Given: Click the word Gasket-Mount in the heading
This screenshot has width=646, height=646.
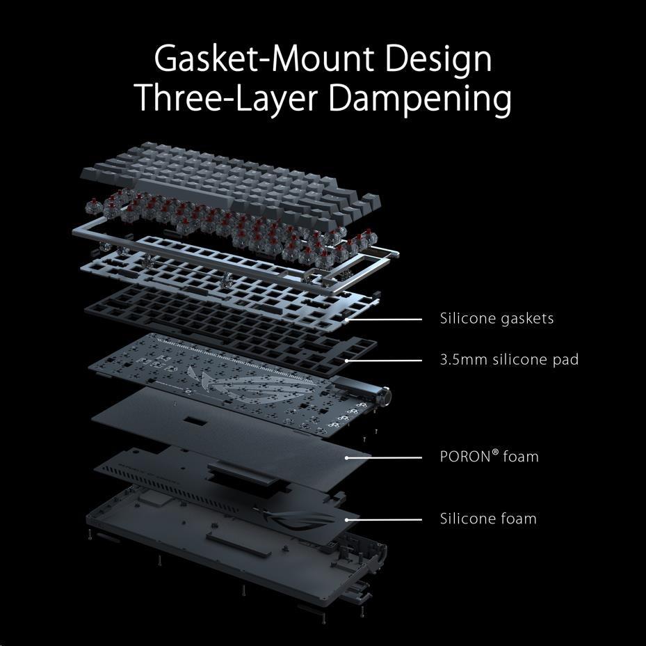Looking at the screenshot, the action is pos(264,58).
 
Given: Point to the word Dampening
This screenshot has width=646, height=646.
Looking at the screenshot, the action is pos(420,100).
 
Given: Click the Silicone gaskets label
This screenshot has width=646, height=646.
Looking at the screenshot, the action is pos(497,319).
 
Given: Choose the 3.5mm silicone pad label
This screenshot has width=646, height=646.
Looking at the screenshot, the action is pos(509,360).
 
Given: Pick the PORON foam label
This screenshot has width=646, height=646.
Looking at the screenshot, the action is pos(490,457).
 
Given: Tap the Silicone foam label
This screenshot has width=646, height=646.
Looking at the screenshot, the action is pos(488,519).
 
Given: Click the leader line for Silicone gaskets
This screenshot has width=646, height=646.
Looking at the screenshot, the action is pos(384,320).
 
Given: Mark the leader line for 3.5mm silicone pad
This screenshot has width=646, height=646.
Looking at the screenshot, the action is pos(384,361).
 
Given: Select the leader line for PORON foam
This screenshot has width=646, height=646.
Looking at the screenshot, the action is pos(384,457).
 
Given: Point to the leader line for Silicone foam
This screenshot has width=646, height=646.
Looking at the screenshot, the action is pos(384,520).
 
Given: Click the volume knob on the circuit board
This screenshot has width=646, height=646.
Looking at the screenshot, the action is pos(386,395).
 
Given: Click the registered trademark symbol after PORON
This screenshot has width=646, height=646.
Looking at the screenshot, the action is pos(495,452).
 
